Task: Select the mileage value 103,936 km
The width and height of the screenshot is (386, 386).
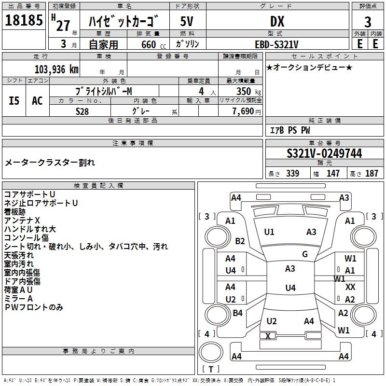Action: (x=56, y=69)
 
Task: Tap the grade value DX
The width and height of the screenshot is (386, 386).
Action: (x=277, y=22)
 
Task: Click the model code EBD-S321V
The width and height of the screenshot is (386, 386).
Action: (x=277, y=44)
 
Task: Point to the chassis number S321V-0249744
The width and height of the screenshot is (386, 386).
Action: (x=324, y=153)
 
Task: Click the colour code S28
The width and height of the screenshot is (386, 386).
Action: (x=82, y=110)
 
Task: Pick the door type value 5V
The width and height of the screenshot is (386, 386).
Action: (x=187, y=22)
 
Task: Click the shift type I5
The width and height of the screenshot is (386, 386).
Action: (x=14, y=100)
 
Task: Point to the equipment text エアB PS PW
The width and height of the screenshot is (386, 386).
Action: (x=289, y=130)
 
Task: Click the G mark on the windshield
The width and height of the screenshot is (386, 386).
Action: (x=305, y=254)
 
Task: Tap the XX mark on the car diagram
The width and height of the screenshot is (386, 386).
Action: (x=351, y=287)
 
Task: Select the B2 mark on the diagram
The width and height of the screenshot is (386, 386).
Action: (x=240, y=241)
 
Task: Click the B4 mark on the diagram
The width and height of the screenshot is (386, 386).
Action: (x=237, y=313)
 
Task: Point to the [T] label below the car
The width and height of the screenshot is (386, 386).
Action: (x=210, y=370)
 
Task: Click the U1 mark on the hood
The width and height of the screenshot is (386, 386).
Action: (x=269, y=232)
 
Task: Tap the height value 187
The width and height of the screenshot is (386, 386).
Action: (x=372, y=174)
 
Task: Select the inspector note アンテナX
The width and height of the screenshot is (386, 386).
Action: (x=22, y=220)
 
